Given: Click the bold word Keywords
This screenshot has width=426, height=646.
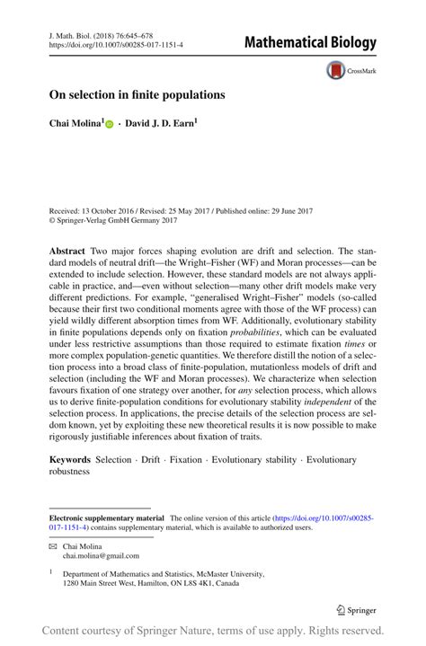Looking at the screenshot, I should (x=70, y=460).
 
